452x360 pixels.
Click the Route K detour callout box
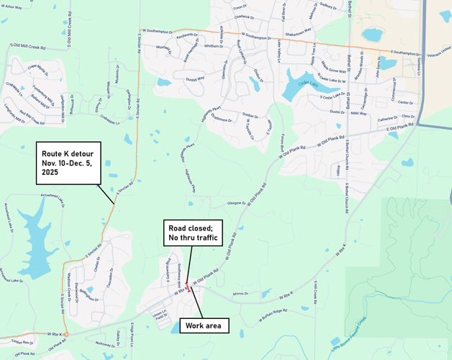(x=69, y=163)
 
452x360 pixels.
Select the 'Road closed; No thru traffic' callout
(x=191, y=231)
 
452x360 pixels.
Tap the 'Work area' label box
(x=204, y=326)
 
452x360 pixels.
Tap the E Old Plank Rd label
(x=400, y=126)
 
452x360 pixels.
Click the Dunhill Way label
(x=195, y=78)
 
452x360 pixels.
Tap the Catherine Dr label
(x=388, y=119)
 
